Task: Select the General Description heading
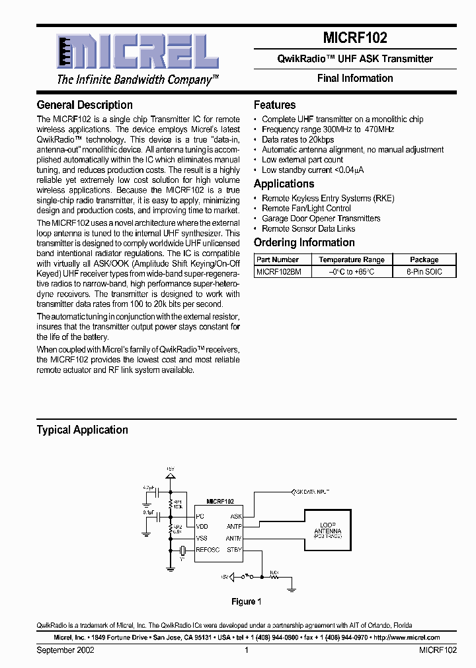tap(85, 105)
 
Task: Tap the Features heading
tap(274, 105)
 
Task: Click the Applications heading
tap(284, 184)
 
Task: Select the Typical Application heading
tap(82, 430)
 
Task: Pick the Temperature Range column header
tap(351, 260)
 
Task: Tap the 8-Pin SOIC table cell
tap(424, 272)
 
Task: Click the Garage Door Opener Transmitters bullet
tap(321, 218)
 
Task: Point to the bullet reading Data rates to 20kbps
tap(297, 139)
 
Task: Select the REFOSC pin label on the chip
tap(208, 549)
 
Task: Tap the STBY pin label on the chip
tap(234, 549)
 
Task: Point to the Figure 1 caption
tap(247, 601)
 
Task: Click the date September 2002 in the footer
tap(65, 650)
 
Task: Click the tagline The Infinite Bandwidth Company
tap(138, 80)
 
